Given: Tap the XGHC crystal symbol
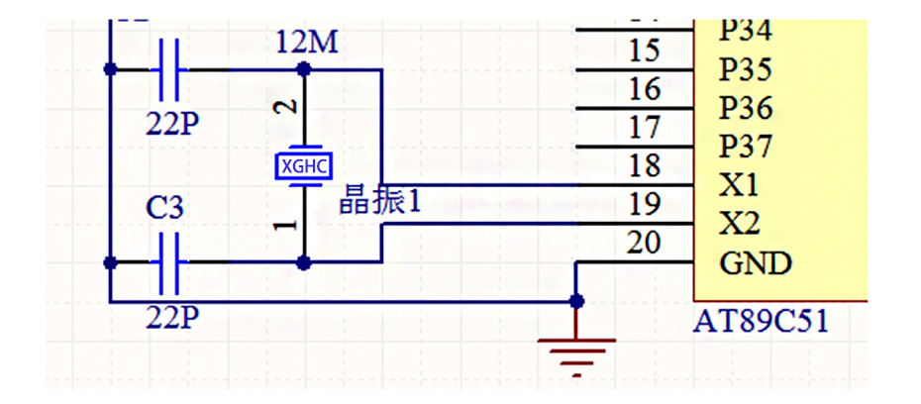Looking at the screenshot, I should (304, 165).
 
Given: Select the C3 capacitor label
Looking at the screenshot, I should (165, 209).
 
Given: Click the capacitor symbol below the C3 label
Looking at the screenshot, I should (168, 262).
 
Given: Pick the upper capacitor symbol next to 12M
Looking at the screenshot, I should (168, 69).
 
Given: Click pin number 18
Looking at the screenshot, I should (645, 166).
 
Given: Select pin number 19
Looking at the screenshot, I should (645, 205).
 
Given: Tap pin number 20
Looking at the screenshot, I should (645, 244).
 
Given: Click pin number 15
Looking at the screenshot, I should (645, 50).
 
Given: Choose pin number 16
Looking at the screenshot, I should (645, 89).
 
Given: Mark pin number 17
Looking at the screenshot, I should (645, 128).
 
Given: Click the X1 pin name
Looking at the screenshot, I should (739, 186).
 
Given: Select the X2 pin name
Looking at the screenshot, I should (739, 225).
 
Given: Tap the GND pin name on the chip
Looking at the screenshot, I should (756, 264).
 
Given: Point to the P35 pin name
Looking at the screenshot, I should (746, 70).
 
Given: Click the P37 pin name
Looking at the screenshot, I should (746, 148).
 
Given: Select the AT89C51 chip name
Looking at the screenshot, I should (761, 322).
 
